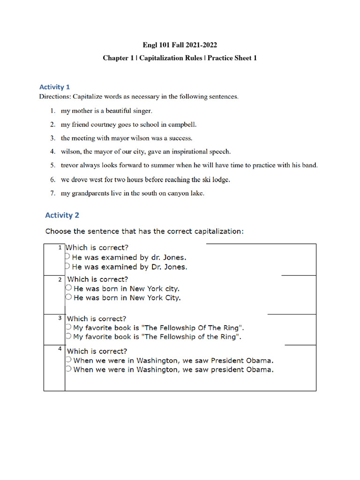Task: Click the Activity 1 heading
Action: [x=55, y=87]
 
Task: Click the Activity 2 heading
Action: [x=62, y=215]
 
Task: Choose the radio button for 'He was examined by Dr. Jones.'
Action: [x=67, y=266]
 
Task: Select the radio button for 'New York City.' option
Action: [x=69, y=297]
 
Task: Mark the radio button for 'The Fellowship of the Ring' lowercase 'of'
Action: [x=68, y=336]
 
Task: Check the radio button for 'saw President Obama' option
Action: [x=68, y=360]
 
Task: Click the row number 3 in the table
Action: [x=60, y=318]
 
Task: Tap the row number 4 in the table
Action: [x=60, y=349]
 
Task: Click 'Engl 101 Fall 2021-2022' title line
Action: [x=180, y=45]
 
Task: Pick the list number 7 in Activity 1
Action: [x=53, y=193]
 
